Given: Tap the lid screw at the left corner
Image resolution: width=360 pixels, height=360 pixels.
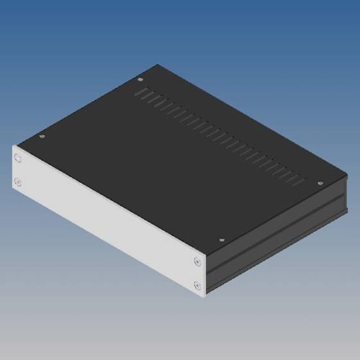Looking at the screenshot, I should [x=42, y=135].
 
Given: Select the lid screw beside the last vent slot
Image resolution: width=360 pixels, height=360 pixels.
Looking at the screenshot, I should [x=319, y=184].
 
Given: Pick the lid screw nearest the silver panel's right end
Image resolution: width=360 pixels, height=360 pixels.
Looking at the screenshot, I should [x=221, y=240].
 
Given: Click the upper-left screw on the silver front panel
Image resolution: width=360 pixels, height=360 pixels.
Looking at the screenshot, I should [x=18, y=156].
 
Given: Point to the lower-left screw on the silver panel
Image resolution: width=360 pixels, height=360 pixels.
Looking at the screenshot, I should [x=18, y=181].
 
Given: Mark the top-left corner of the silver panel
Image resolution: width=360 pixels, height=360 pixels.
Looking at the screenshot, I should [x=13, y=147].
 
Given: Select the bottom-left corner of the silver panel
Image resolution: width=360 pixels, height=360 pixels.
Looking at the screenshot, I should [x=13, y=190].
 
